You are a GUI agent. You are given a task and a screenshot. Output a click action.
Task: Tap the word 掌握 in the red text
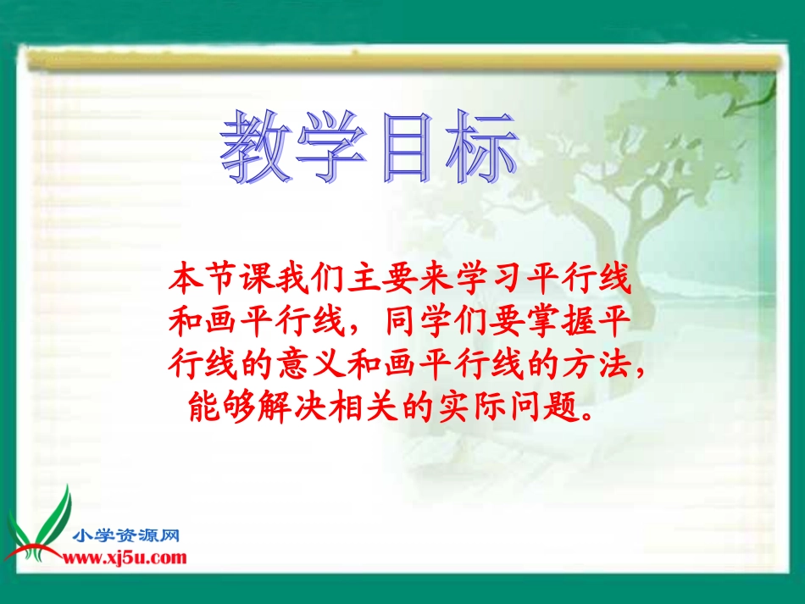click(563, 322)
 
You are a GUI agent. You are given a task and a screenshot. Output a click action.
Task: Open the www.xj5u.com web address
click(125, 557)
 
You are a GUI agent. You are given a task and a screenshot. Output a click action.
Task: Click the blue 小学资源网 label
click(127, 535)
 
